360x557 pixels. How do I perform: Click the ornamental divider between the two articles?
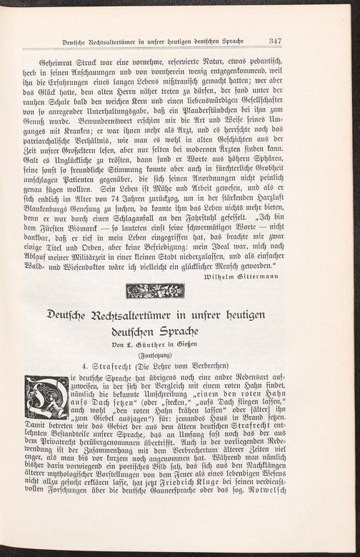tap(155, 291)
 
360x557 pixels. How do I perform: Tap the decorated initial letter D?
tap(46, 397)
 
